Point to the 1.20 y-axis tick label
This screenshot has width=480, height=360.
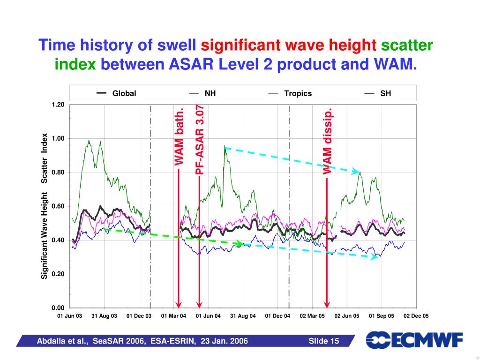click(58, 105)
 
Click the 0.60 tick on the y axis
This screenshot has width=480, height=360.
click(58, 206)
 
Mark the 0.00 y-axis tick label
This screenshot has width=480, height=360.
click(58, 308)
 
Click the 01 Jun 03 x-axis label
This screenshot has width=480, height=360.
click(69, 316)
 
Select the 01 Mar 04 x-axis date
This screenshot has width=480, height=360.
click(173, 316)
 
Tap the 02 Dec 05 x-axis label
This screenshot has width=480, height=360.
click(416, 316)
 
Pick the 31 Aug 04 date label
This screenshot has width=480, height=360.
click(243, 316)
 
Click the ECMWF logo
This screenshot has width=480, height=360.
click(414, 340)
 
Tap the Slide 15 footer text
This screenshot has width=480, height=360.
click(323, 341)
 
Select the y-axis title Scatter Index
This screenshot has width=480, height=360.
click(44, 158)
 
